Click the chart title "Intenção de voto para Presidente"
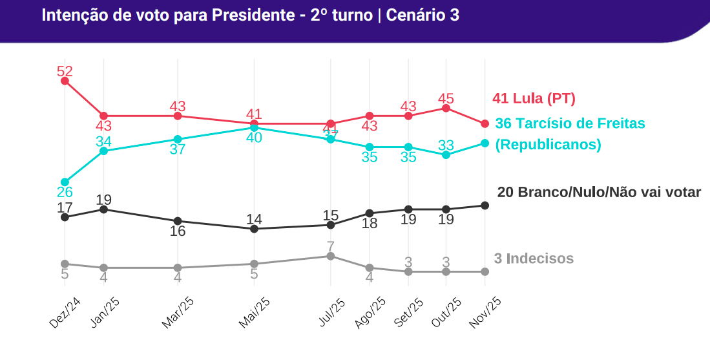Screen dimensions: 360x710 click(167, 16)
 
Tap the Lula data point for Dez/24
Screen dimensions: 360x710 click(65, 81)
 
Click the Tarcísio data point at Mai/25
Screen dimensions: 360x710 click(254, 128)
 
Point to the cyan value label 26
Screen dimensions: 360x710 click(65, 192)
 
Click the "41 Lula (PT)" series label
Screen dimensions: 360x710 click(534, 98)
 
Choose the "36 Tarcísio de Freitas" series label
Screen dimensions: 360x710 click(570, 123)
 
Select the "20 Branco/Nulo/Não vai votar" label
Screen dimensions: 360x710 click(599, 192)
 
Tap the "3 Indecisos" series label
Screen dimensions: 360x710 click(534, 259)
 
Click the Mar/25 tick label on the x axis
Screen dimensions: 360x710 click(178, 313)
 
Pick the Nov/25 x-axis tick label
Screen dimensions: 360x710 click(485, 313)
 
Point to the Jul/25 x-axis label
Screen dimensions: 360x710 click(331, 313)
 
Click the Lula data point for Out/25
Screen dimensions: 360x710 click(446, 108)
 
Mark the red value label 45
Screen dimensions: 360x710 click(446, 98)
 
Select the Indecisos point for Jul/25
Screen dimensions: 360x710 click(331, 256)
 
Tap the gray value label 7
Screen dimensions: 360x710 click(331, 246)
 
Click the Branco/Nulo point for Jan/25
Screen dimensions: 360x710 click(103, 209)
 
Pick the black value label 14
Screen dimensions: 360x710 click(254, 219)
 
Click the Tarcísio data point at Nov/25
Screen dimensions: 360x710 click(485, 143)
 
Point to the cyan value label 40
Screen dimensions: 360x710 click(254, 138)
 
